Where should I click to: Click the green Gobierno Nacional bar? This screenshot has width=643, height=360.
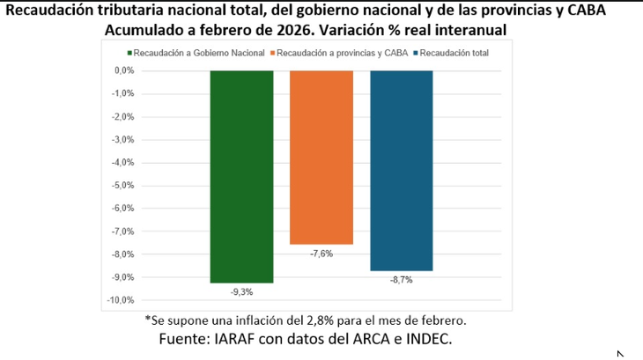(x=241, y=176)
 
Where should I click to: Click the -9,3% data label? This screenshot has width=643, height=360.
(x=241, y=290)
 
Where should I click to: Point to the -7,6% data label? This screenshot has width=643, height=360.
(x=321, y=253)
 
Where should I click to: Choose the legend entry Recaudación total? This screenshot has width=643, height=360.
(x=454, y=53)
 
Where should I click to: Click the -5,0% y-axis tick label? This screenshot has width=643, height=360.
(x=121, y=186)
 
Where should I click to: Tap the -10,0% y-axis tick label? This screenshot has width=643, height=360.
(x=119, y=300)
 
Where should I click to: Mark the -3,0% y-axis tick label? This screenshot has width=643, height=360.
(x=121, y=139)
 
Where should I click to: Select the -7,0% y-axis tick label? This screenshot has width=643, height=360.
(x=121, y=231)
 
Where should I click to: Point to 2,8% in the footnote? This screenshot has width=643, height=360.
(x=310, y=320)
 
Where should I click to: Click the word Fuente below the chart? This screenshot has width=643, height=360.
(x=185, y=339)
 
